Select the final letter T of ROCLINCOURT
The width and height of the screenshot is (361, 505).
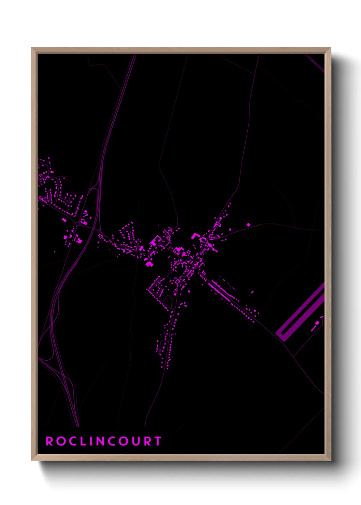(158, 441)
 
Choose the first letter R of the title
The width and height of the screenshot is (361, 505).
(49, 441)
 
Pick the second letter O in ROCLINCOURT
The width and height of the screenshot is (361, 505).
(124, 441)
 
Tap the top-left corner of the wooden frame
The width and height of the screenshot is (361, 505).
(32, 48)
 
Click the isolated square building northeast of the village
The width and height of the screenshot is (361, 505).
(248, 225)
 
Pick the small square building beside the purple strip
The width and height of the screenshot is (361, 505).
(317, 322)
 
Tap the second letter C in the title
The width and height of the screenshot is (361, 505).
(112, 441)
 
